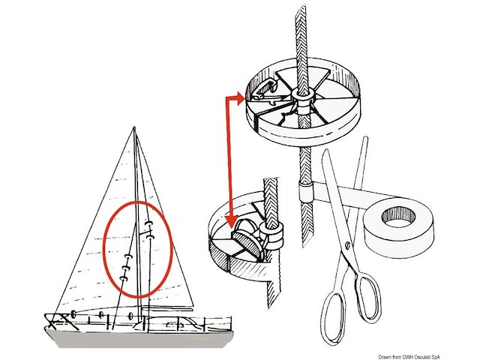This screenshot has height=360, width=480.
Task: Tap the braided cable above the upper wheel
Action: tap(302, 37)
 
